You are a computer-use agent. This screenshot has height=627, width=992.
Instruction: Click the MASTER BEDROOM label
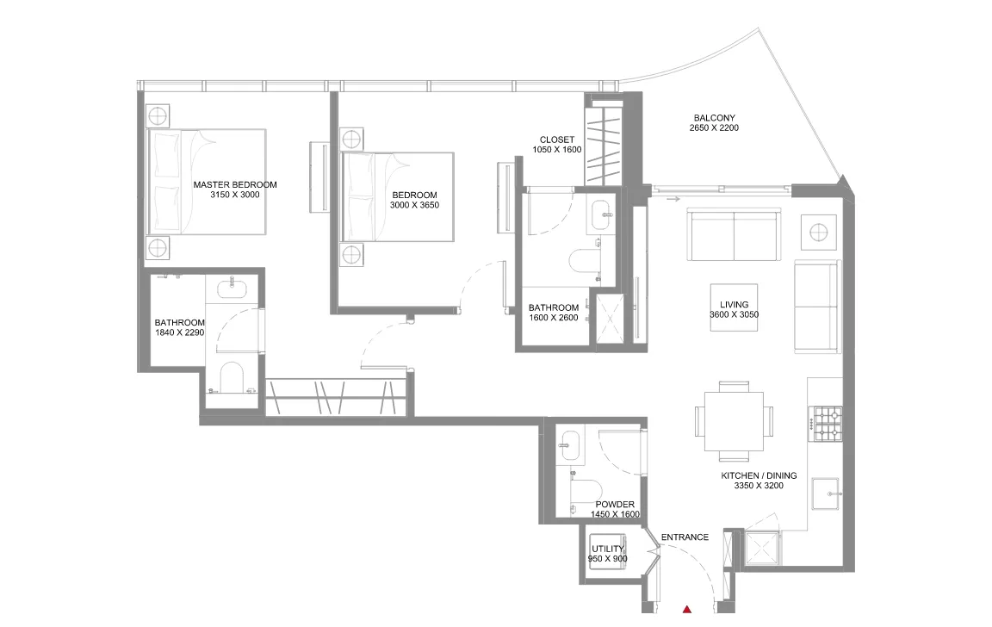point(235,184)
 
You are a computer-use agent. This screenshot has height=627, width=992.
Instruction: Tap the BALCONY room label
point(714,118)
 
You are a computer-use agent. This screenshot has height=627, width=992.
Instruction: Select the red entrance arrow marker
point(686,610)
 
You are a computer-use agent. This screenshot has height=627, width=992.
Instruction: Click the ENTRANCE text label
point(685,537)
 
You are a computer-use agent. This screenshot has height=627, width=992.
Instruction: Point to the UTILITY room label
point(608,549)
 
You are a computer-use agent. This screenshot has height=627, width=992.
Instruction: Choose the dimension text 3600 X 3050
point(735,315)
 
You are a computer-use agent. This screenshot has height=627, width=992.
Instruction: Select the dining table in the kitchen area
point(734,421)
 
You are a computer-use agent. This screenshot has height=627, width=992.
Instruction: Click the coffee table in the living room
point(734,306)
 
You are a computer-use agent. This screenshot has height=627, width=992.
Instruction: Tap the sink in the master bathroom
point(232,289)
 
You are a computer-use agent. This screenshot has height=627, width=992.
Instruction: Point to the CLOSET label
point(557,140)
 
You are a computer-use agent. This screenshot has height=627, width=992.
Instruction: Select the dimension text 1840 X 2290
point(179,332)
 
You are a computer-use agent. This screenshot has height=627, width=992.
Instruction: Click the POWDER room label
point(615,505)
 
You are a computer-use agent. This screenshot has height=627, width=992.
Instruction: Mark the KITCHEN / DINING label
point(759,475)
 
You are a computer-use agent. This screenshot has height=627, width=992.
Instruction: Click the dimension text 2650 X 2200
point(714,128)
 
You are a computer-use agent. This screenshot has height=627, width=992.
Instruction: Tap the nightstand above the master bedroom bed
point(158,115)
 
